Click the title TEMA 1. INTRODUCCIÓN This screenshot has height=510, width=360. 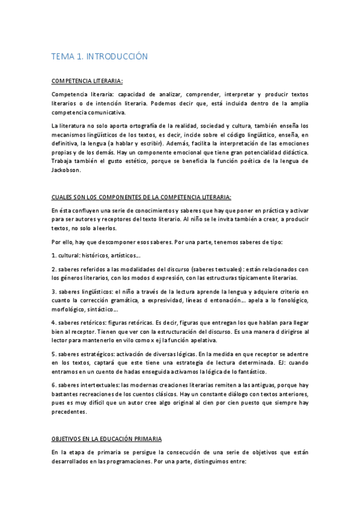pyautogui.click(x=99, y=57)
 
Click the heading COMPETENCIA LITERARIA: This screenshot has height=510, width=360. pyautogui.click(x=87, y=80)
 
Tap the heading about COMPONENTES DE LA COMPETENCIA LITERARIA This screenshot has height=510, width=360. pyautogui.click(x=141, y=196)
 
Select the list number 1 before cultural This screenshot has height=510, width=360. pyautogui.click(x=53, y=255)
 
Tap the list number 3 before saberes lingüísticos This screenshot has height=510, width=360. pyautogui.click(x=53, y=291)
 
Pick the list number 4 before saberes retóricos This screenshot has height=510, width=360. pyautogui.click(x=53, y=322)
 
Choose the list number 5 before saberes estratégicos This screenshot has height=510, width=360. pyautogui.click(x=53, y=354)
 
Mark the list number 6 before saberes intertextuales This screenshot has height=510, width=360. pyautogui.click(x=53, y=386)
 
